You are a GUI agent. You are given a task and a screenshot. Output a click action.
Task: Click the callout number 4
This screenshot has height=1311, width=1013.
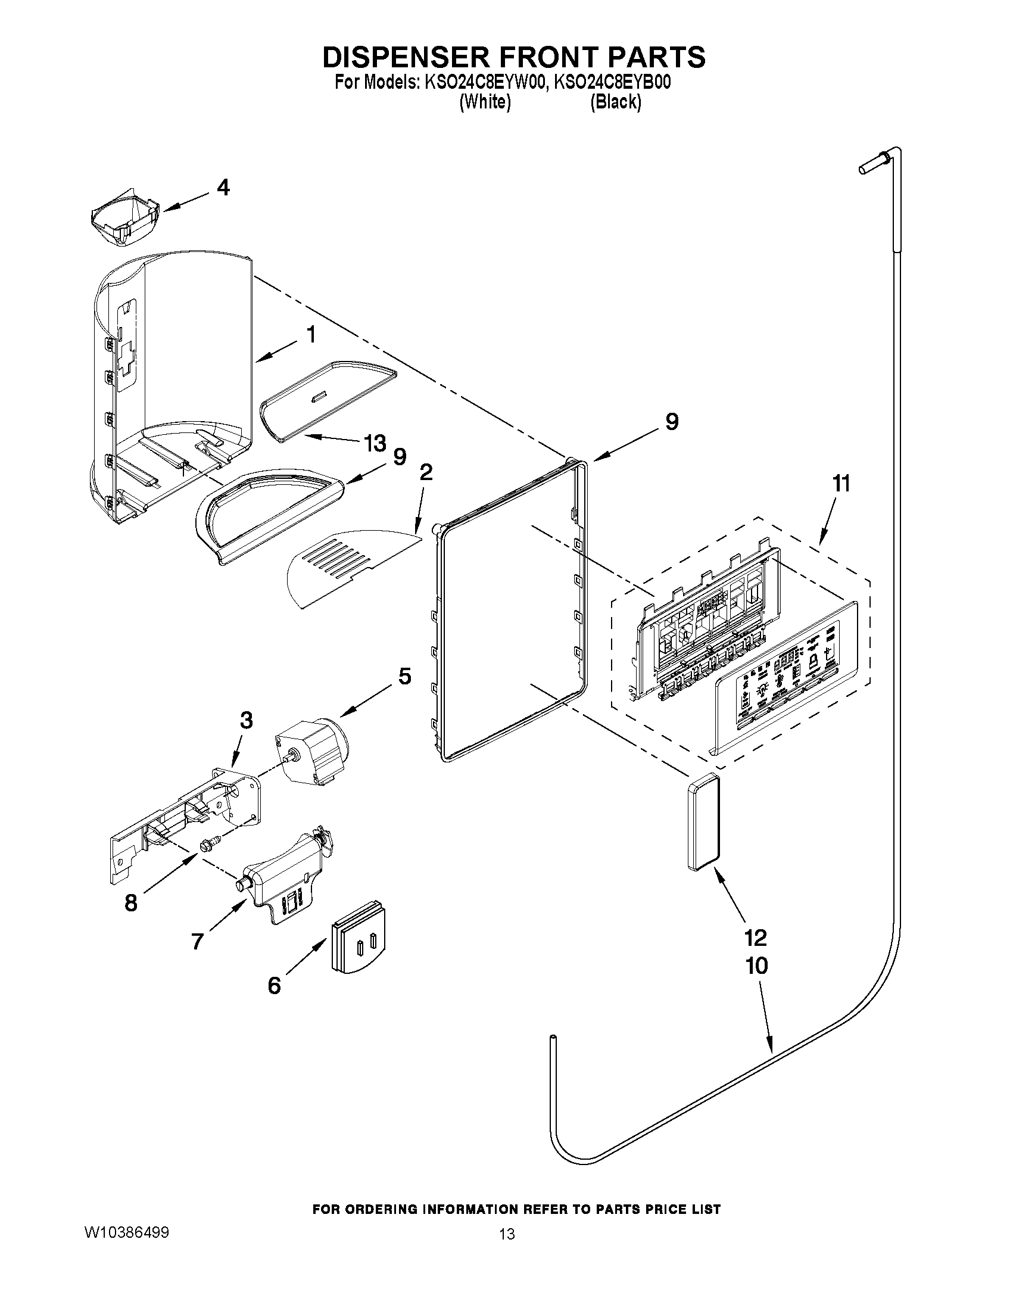coord(223,188)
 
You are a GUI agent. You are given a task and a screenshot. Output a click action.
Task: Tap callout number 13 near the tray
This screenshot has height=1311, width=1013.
coord(375,444)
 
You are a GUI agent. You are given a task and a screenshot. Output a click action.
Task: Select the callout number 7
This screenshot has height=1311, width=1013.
coord(198,941)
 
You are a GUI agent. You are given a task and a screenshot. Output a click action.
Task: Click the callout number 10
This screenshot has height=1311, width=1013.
coord(757,966)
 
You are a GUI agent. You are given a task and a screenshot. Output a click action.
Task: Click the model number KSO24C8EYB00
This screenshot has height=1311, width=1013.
coord(612,83)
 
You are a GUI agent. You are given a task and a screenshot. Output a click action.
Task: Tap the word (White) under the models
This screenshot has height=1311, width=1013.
coord(485,102)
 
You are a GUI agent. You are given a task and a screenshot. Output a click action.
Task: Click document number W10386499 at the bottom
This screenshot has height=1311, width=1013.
coord(127,1281)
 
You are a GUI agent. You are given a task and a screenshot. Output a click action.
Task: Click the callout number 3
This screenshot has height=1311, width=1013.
coord(246,720)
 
